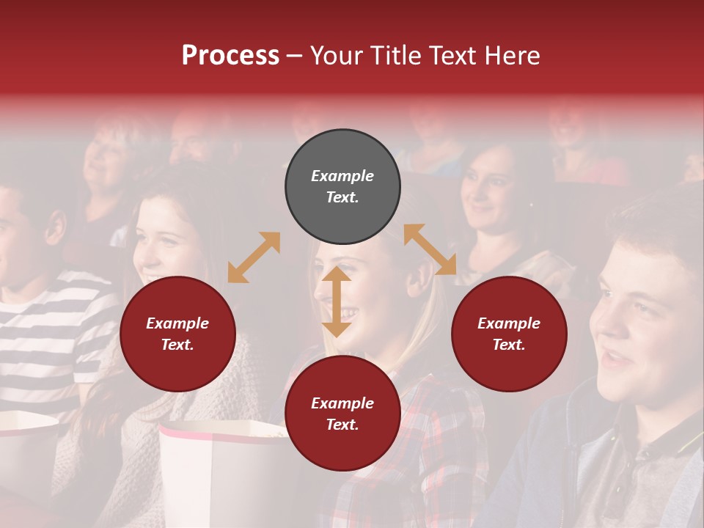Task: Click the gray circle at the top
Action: (x=342, y=187)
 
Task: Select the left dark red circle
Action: (x=177, y=334)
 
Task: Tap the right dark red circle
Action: (x=509, y=334)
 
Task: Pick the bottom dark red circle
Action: (x=342, y=414)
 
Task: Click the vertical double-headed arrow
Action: (x=337, y=302)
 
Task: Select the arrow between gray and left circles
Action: (x=254, y=257)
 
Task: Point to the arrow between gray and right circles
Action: (x=430, y=250)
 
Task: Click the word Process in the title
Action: (x=230, y=56)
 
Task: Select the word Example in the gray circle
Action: (x=342, y=176)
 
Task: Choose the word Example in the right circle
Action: (x=509, y=323)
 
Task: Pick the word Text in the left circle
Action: (x=177, y=345)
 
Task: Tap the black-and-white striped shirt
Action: (x=51, y=330)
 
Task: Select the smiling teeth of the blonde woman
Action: (x=346, y=315)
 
